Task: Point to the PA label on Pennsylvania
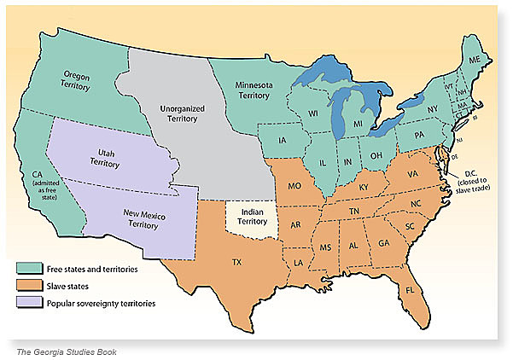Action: coord(417,135)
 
